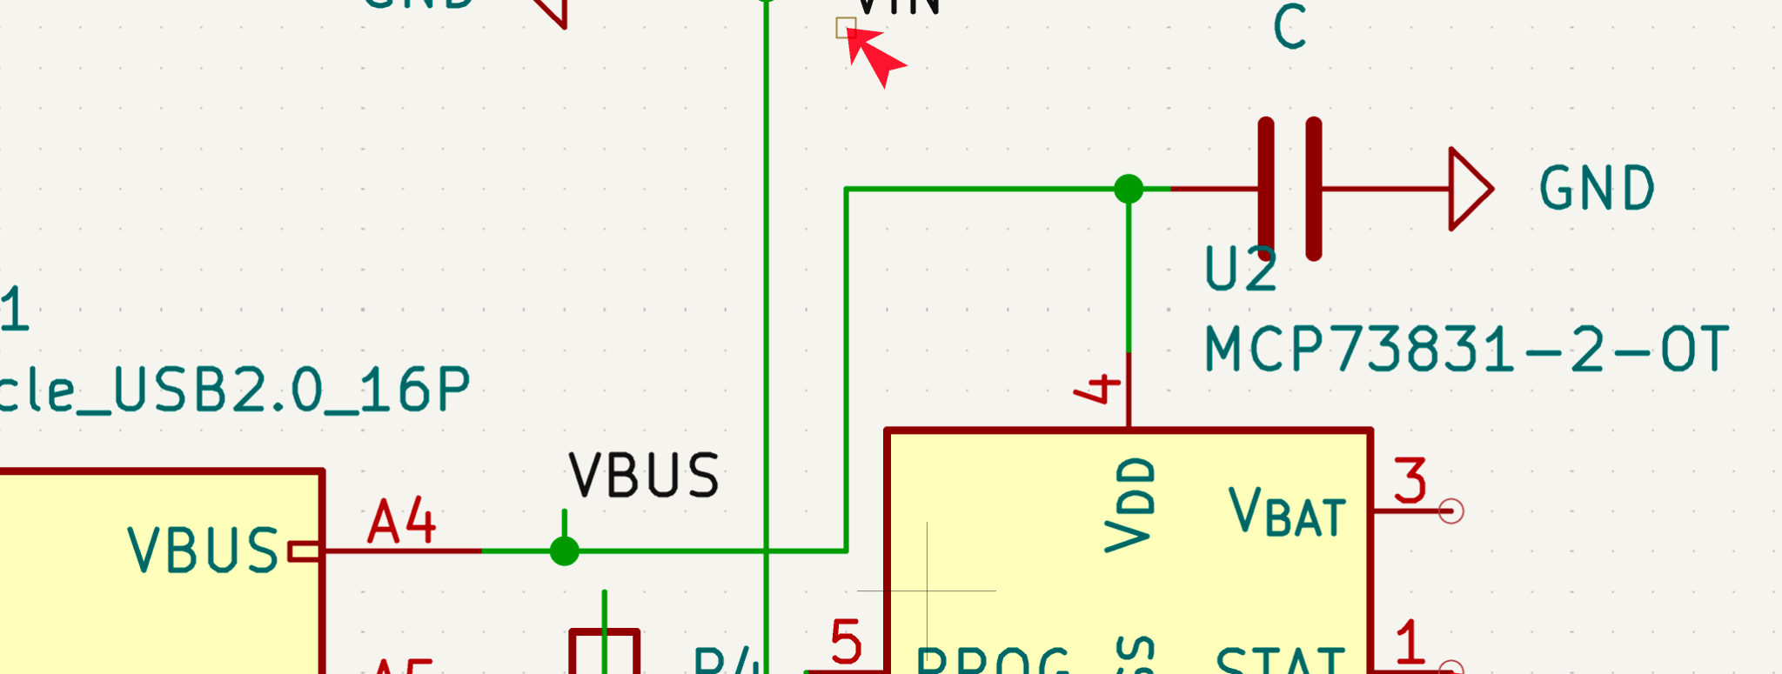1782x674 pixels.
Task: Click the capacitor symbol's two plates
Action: tap(1290, 189)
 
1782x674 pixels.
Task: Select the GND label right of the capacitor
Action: tap(1596, 189)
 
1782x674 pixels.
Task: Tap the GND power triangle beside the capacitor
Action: tap(1469, 189)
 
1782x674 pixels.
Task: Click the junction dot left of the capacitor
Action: tap(1129, 189)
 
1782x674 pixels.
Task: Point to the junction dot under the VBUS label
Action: tap(565, 551)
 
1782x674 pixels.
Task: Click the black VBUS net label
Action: tap(644, 476)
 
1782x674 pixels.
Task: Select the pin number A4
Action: tap(401, 522)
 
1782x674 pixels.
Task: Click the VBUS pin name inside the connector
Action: tap(203, 551)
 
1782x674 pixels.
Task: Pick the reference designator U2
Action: tap(1241, 270)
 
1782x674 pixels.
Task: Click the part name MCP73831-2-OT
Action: tap(1466, 350)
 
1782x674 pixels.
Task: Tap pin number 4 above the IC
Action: tap(1099, 388)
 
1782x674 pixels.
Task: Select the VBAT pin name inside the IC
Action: tap(1287, 513)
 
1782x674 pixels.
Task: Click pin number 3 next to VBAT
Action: tap(1410, 482)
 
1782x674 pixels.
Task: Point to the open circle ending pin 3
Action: tap(1450, 511)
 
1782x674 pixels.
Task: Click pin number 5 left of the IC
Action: tap(846, 643)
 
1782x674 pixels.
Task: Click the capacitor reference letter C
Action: tap(1290, 28)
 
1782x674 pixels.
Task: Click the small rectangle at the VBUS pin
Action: tap(304, 551)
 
